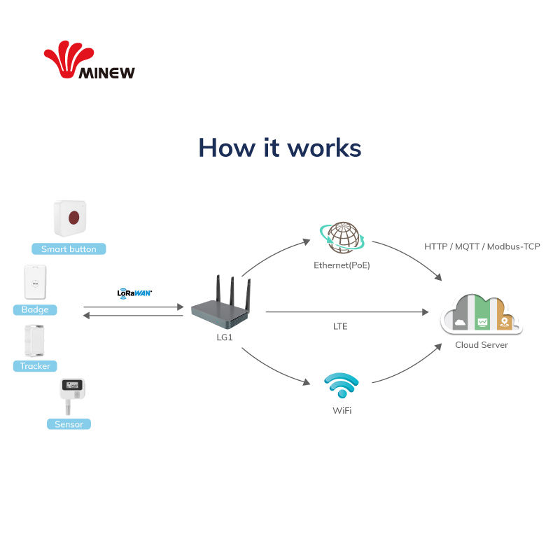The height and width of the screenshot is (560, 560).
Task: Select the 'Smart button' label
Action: (x=69, y=249)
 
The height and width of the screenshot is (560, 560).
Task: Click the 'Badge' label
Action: (x=35, y=309)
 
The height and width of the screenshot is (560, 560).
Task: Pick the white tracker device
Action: (x=34, y=341)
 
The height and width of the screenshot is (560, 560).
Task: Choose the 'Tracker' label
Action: (x=35, y=366)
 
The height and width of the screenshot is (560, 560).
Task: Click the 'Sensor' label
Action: (x=69, y=424)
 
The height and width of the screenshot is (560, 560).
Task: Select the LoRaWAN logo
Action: (x=134, y=293)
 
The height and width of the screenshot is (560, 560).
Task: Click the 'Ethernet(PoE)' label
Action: (x=342, y=265)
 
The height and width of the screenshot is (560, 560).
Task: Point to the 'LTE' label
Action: (x=340, y=326)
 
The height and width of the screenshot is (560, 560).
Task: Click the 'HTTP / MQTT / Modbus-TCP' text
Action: (x=482, y=246)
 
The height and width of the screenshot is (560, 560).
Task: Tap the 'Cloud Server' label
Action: (x=482, y=345)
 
